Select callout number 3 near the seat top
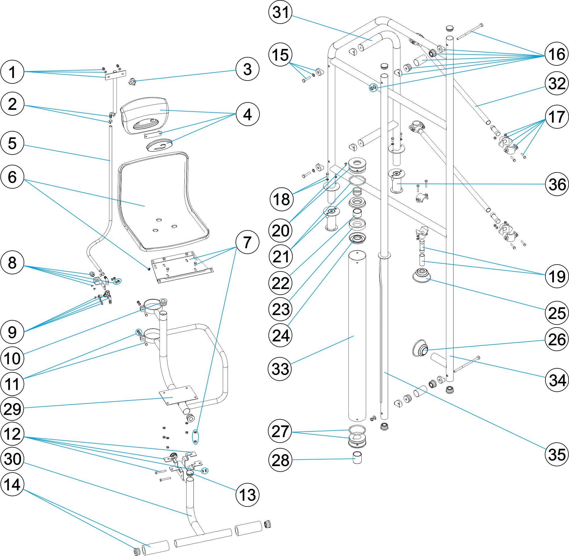click(247, 69)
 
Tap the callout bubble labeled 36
click(557, 184)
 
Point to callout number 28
click(280, 460)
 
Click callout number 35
click(557, 454)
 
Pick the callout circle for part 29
click(12, 409)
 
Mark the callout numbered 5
click(12, 143)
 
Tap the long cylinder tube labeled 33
click(357, 336)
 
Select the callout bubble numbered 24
click(280, 335)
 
